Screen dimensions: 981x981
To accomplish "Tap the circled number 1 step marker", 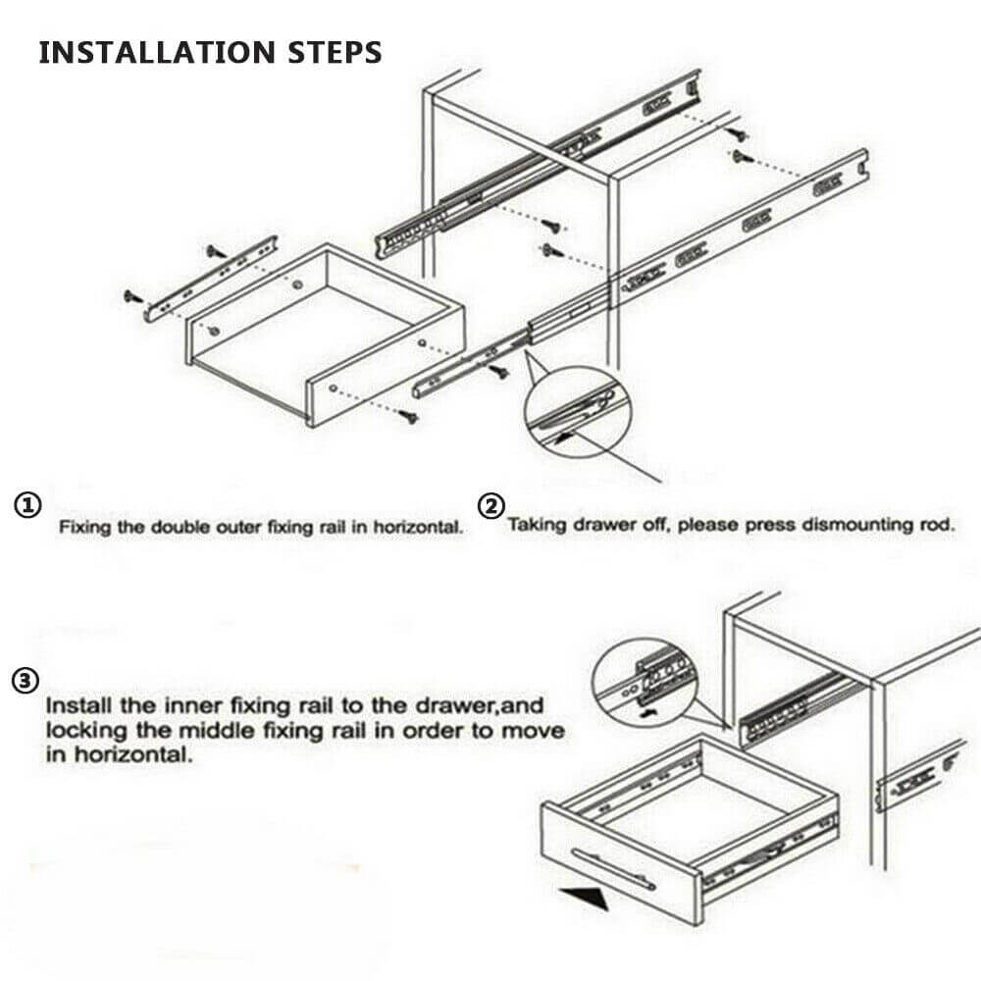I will [x=27, y=506].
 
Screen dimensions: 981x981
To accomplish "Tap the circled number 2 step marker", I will [x=490, y=506].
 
